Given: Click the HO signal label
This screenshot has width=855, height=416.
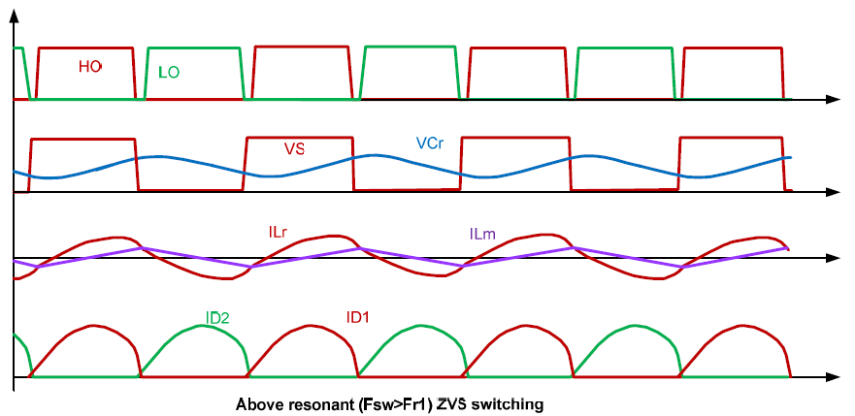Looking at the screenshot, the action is [90, 67].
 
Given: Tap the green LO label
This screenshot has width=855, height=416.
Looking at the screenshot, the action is [169, 73].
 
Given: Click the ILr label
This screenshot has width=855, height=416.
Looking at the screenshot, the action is [278, 232].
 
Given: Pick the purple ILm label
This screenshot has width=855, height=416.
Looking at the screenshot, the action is [481, 235].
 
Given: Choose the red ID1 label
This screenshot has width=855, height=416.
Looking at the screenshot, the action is [358, 316].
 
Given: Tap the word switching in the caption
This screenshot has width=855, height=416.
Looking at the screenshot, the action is [509, 405].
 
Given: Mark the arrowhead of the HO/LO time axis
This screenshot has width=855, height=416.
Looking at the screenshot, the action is [833, 99].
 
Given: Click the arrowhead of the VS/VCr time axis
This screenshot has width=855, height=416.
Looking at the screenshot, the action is [833, 192].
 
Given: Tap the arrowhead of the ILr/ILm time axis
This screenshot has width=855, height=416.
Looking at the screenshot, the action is [833, 258].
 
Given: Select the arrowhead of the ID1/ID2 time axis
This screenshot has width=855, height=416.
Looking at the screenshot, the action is [833, 377].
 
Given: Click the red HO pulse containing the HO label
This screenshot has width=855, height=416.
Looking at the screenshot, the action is [85, 48].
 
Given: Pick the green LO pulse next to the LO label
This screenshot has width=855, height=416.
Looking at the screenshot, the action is [193, 48].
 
